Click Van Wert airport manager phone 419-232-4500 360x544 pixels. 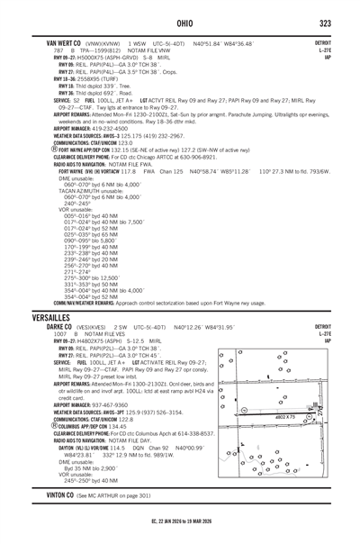point(104,129)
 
